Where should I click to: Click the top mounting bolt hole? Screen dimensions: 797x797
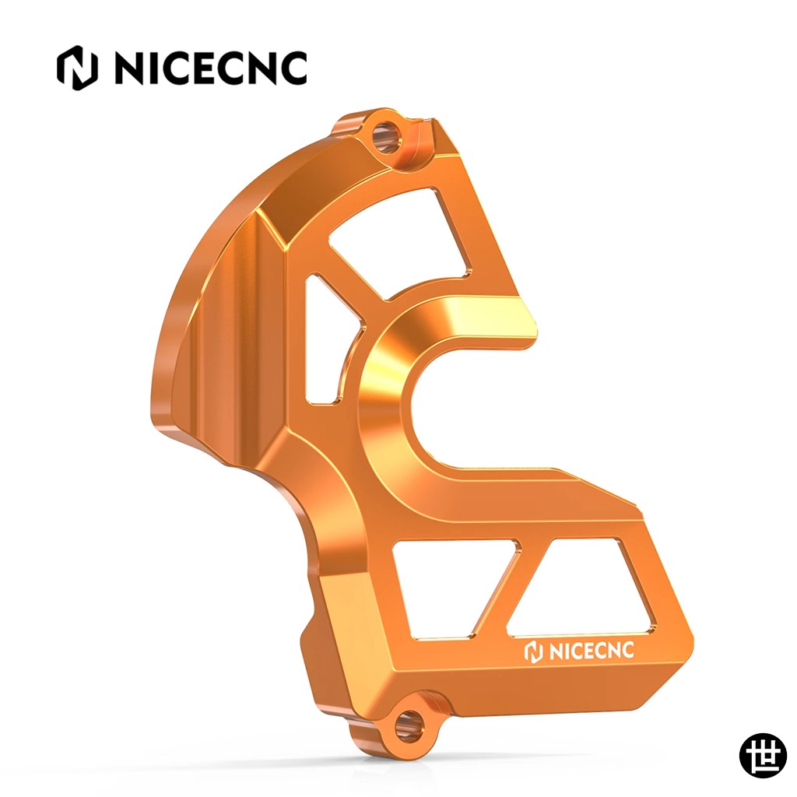click(387, 136)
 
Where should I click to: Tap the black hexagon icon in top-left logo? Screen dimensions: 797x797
click(77, 68)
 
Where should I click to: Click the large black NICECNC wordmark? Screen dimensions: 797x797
click(210, 68)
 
